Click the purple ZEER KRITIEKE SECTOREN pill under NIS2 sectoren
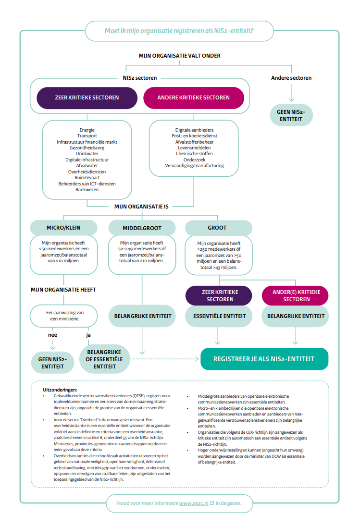point(87,98)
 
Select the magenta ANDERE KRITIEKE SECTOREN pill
point(194,98)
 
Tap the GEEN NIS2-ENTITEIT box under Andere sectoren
point(291,115)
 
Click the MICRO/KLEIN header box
point(64,228)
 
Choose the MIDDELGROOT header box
point(142,228)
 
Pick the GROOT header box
point(218,228)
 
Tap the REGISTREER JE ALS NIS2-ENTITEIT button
point(264,359)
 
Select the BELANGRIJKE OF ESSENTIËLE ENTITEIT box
point(104,359)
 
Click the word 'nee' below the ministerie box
point(53,335)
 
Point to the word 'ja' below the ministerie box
point(88,335)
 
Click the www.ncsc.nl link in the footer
point(194,503)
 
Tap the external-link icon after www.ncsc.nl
point(212,503)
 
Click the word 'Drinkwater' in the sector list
point(87,154)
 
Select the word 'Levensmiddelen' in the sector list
point(194,147)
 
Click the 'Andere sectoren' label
point(291,78)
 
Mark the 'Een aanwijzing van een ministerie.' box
point(64,316)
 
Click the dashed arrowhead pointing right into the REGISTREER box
point(197,359)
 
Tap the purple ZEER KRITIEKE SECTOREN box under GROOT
point(218,295)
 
